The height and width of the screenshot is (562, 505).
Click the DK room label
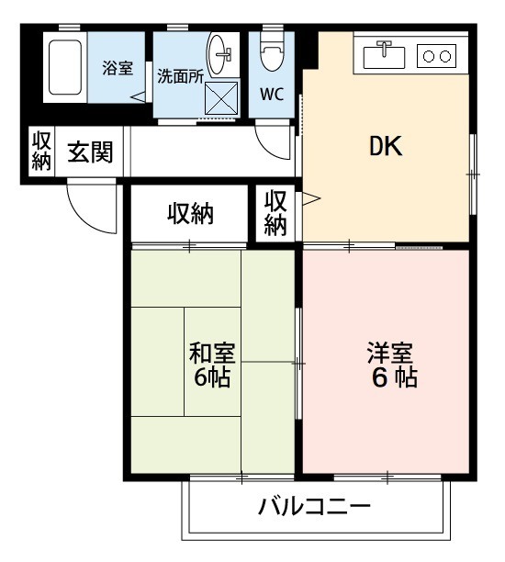click(387, 148)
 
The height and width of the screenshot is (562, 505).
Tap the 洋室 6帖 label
click(392, 365)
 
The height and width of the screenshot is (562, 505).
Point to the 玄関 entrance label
click(90, 152)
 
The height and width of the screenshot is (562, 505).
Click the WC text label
click(271, 94)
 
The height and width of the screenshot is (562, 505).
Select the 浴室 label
click(116, 67)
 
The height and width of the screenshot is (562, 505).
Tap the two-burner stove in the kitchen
click(436, 56)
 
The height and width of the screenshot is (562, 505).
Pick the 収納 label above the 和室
click(190, 214)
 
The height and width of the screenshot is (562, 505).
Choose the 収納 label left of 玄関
click(40, 152)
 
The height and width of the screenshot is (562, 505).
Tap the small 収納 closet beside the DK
click(276, 212)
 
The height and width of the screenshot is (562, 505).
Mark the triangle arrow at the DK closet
click(311, 197)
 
